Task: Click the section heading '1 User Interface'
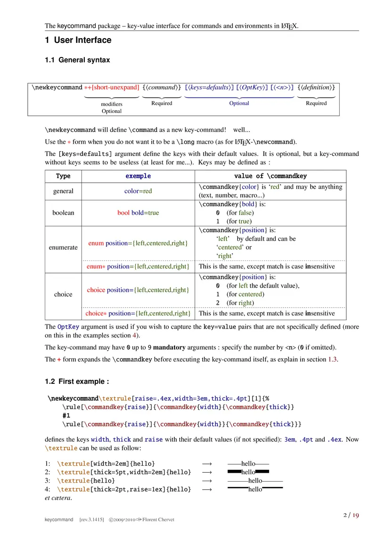(x=78, y=40)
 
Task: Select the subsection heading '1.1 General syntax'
(x=77, y=60)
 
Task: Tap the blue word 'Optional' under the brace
(x=239, y=103)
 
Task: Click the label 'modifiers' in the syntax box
(x=112, y=104)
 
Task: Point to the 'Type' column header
(x=63, y=176)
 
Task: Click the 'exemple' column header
(x=138, y=176)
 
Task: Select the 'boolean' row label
(x=63, y=213)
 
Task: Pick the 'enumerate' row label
(x=63, y=247)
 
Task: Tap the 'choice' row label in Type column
(x=63, y=294)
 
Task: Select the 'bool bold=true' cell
(x=138, y=213)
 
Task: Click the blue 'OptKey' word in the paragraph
(x=68, y=326)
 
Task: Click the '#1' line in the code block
(x=66, y=416)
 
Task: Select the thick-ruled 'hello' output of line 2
(x=248, y=472)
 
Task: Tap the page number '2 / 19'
(x=351, y=515)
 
